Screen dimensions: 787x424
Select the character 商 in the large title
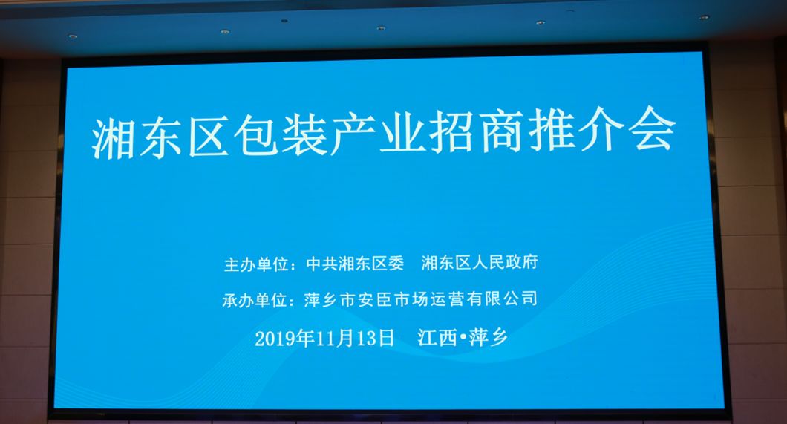(x=503, y=132)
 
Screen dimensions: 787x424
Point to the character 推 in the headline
(x=552, y=131)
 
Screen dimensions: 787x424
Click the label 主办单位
(x=255, y=264)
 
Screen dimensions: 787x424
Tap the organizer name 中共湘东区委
(x=355, y=264)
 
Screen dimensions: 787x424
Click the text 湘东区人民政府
(x=480, y=262)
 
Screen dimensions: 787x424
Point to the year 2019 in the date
(x=275, y=339)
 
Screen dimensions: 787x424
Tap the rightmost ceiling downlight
(x=704, y=17)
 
